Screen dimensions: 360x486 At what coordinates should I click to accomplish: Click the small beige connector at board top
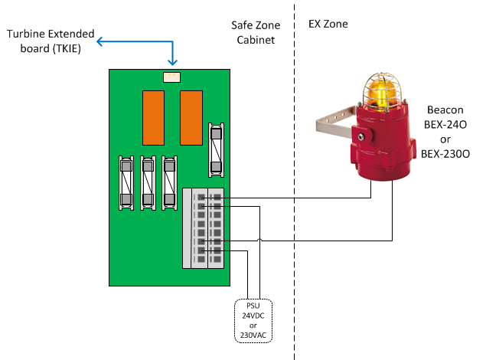(x=172, y=77)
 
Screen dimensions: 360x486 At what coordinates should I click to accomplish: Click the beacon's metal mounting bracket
(x=338, y=123)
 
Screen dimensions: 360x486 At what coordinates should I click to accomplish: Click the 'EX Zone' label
(x=328, y=25)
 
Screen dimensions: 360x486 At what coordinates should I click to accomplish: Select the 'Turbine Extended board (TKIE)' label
(x=51, y=41)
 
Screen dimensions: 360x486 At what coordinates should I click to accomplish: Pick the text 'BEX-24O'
(x=445, y=124)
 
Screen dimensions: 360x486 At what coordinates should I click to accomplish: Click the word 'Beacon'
(x=445, y=110)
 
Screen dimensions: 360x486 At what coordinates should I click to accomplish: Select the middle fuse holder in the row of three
(x=148, y=182)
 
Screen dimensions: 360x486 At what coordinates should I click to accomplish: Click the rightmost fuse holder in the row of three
(x=170, y=182)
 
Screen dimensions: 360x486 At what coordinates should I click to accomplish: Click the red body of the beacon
(x=383, y=146)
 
